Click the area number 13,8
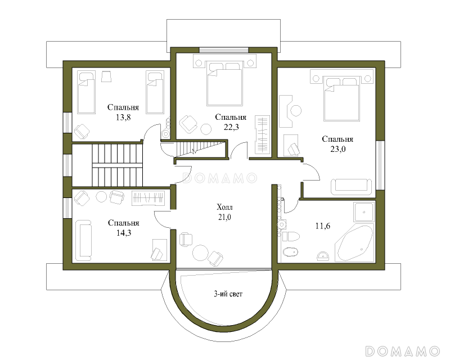(x=123, y=117)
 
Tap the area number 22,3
(x=231, y=127)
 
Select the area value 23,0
(x=338, y=149)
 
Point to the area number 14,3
(x=124, y=233)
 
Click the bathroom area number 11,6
(x=322, y=226)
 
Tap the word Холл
(x=224, y=207)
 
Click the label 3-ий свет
(x=228, y=294)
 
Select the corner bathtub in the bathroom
(x=354, y=243)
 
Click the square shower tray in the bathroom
(x=364, y=213)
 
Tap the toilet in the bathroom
(x=291, y=236)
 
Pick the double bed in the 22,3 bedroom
(x=224, y=84)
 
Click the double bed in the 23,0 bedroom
(x=341, y=98)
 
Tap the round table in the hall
(x=200, y=253)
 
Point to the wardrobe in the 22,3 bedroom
(x=263, y=134)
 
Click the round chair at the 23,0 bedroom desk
(x=296, y=111)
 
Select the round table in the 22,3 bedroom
(x=206, y=129)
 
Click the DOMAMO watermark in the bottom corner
(x=402, y=351)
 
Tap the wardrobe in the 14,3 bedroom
(x=148, y=198)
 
